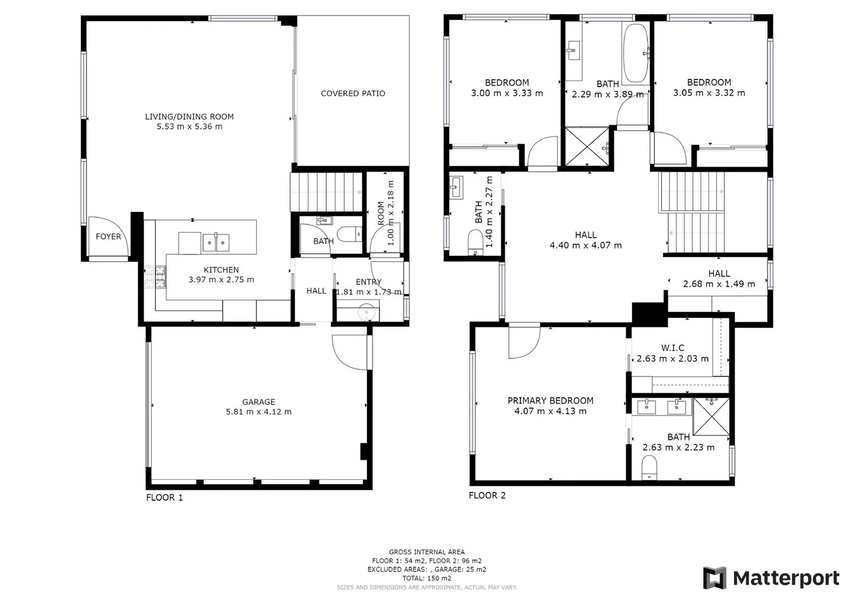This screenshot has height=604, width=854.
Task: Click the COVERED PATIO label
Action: [x=353, y=93]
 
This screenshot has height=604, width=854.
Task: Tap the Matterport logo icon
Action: [x=714, y=578]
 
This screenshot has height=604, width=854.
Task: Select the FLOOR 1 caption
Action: [x=164, y=497]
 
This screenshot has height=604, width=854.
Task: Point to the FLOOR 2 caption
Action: [x=487, y=495]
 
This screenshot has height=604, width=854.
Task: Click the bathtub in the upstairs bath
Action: [x=635, y=53]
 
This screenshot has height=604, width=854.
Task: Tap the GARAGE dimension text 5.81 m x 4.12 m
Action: [x=258, y=412]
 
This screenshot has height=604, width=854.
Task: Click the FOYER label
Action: [x=108, y=237]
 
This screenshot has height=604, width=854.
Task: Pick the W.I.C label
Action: [x=672, y=348]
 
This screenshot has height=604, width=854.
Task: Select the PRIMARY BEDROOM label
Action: [x=550, y=400]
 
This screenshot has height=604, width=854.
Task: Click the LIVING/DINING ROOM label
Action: [x=190, y=116]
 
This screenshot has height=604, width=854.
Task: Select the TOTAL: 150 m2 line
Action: [x=427, y=578]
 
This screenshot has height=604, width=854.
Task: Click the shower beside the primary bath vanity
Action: [x=711, y=416]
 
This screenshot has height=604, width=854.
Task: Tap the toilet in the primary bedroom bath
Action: [x=649, y=468]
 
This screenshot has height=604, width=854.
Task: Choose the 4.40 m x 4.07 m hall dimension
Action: [x=586, y=245]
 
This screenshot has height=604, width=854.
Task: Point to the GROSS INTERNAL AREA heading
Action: [x=427, y=552]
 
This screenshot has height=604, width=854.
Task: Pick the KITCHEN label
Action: [x=221, y=270]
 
